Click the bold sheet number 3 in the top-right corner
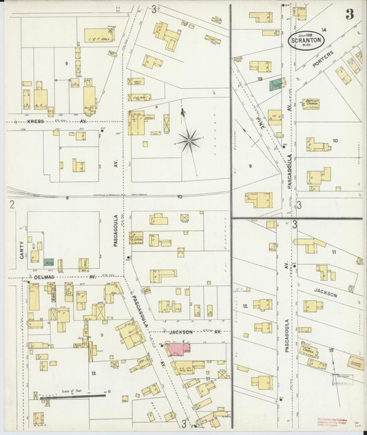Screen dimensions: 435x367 [350, 14]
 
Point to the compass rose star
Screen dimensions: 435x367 [188, 141]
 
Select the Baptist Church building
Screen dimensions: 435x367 [315, 104]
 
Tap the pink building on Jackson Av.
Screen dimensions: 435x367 [178, 348]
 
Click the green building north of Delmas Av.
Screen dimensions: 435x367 [49, 262]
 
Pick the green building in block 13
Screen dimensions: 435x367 [276, 84]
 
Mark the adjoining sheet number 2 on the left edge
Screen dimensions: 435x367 [12, 204]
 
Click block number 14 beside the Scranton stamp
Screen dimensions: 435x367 [322, 30]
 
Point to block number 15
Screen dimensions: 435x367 [331, 351]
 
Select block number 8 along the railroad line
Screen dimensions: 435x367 [67, 198]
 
